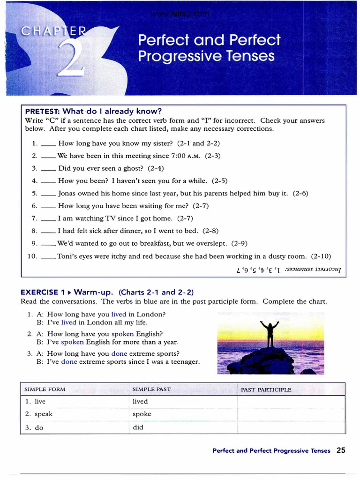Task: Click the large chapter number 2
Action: pyautogui.click(x=70, y=59)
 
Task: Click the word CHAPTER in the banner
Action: pyautogui.click(x=53, y=31)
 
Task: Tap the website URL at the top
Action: pyautogui.click(x=180, y=14)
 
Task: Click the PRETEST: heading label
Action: pyautogui.click(x=43, y=112)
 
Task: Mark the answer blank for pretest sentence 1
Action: pyautogui.click(x=48, y=144)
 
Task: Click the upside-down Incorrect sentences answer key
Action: pyautogui.click(x=289, y=270)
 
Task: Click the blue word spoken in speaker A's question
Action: pyautogui.click(x=123, y=334)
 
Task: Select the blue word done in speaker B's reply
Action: pyautogui.click(x=69, y=362)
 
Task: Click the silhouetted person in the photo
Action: pyautogui.click(x=269, y=333)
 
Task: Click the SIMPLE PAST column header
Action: pyautogui.click(x=151, y=390)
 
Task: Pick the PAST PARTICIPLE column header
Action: pyautogui.click(x=266, y=390)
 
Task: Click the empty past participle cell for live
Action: pyautogui.click(x=291, y=402)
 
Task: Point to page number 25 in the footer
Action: pyautogui.click(x=341, y=450)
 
